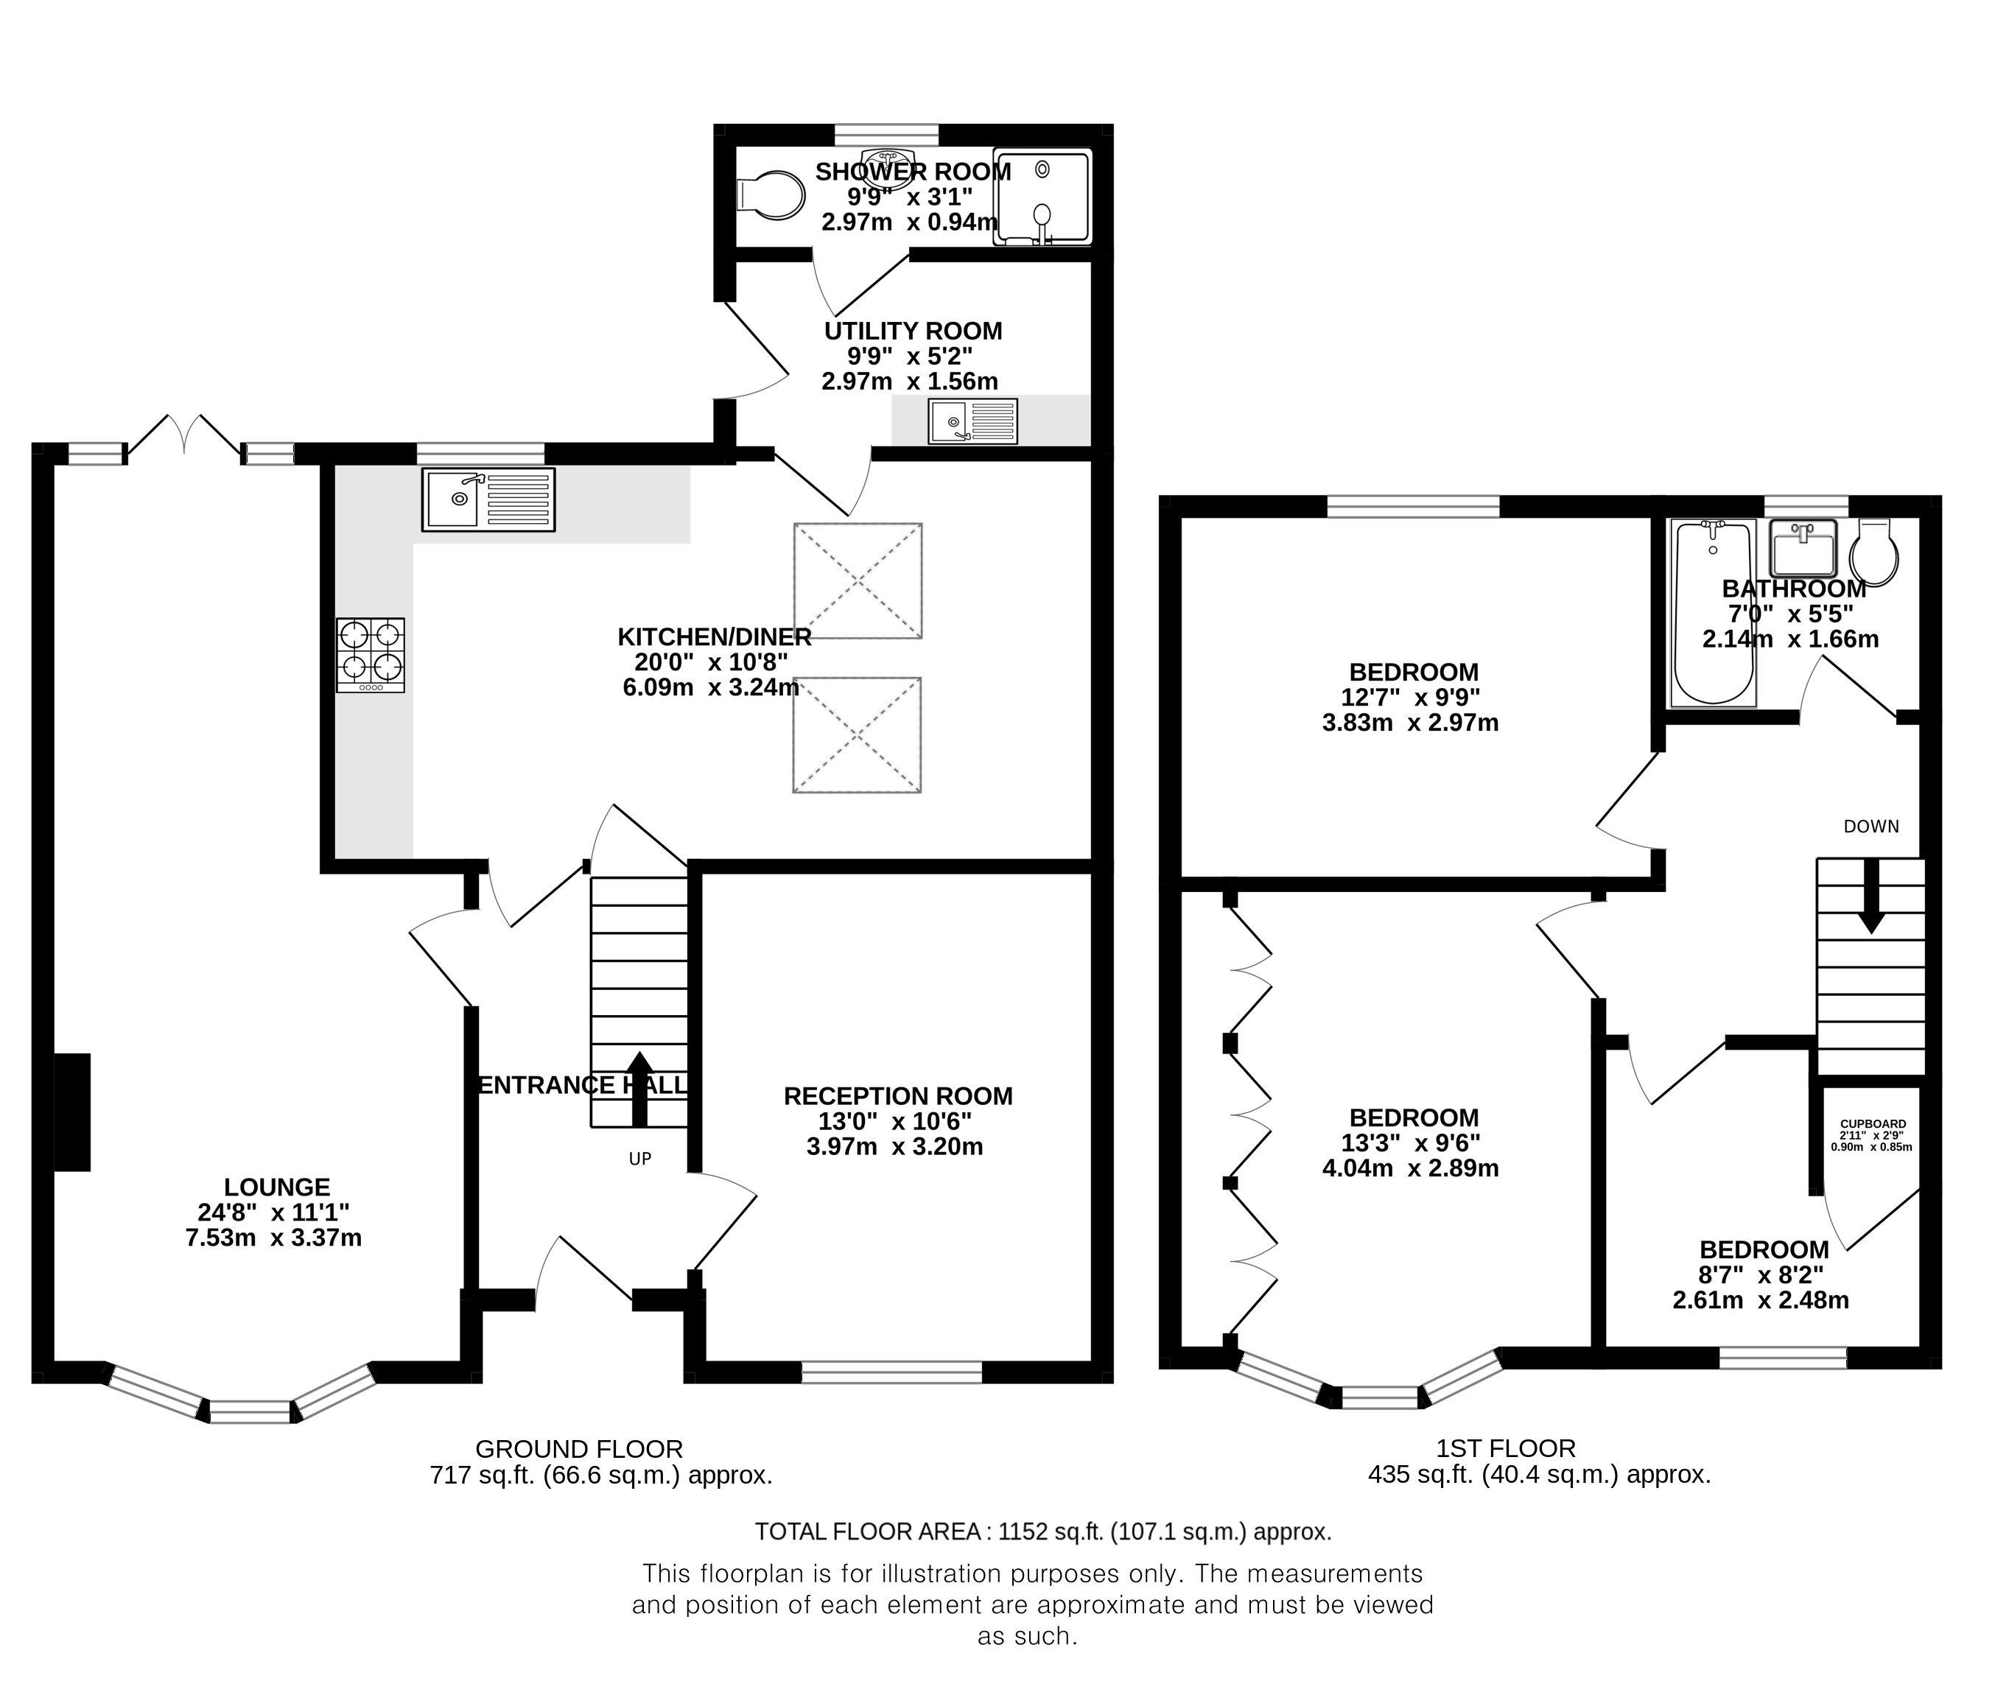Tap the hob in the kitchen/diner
click(371, 656)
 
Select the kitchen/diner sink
click(488, 499)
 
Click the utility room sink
click(973, 422)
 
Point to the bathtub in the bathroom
click(1714, 613)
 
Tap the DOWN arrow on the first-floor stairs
click(1871, 896)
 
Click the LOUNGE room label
click(278, 1187)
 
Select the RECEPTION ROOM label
click(898, 1096)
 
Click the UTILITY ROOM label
click(913, 331)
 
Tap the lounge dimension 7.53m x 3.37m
click(273, 1238)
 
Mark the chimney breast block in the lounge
click(72, 1112)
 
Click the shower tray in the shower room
click(1042, 197)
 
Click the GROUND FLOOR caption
click(580, 1450)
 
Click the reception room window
click(891, 1372)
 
